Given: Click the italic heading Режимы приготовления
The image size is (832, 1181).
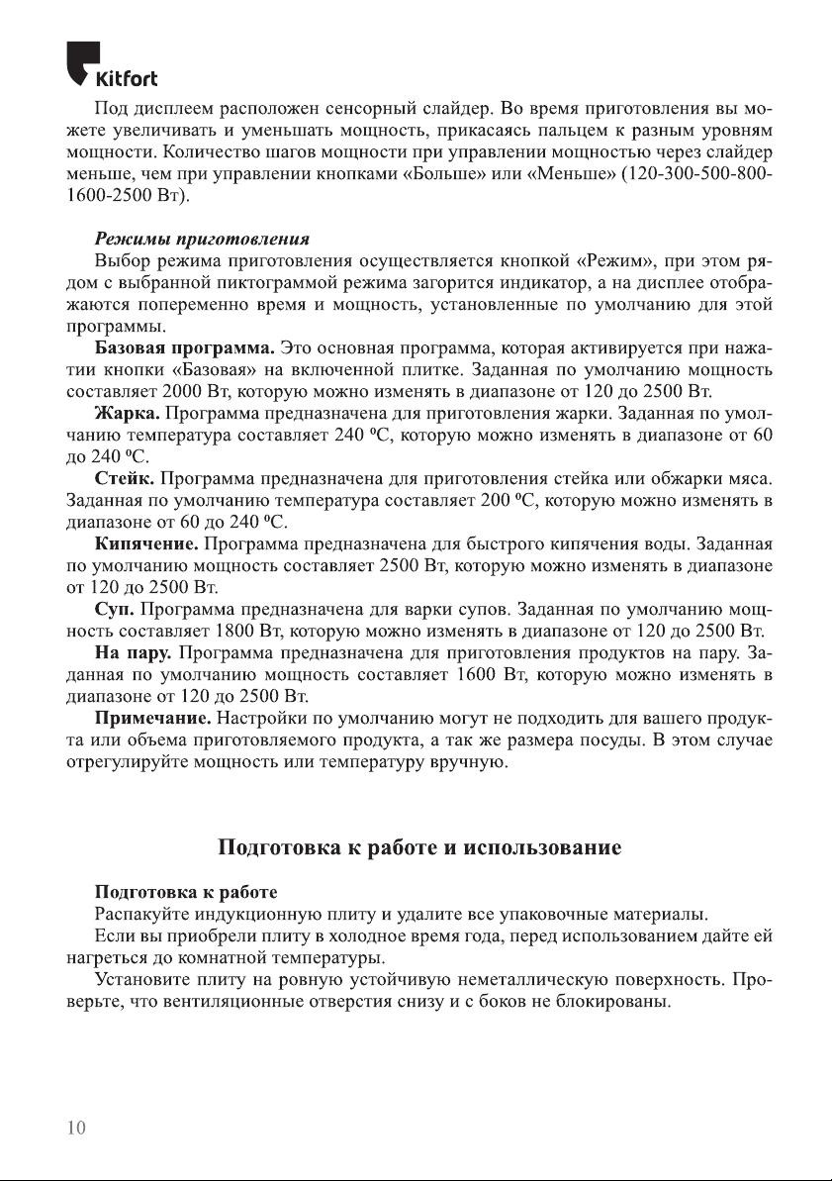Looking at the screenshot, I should [203, 241].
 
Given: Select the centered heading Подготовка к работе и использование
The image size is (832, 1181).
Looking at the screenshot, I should [418, 848].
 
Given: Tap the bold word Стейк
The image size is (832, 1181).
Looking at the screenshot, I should [128, 478].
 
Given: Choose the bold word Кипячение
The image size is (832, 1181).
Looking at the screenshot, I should [146, 543].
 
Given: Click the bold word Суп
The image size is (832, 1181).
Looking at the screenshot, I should [115, 608].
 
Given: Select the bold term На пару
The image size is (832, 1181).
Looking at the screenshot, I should [134, 652].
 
